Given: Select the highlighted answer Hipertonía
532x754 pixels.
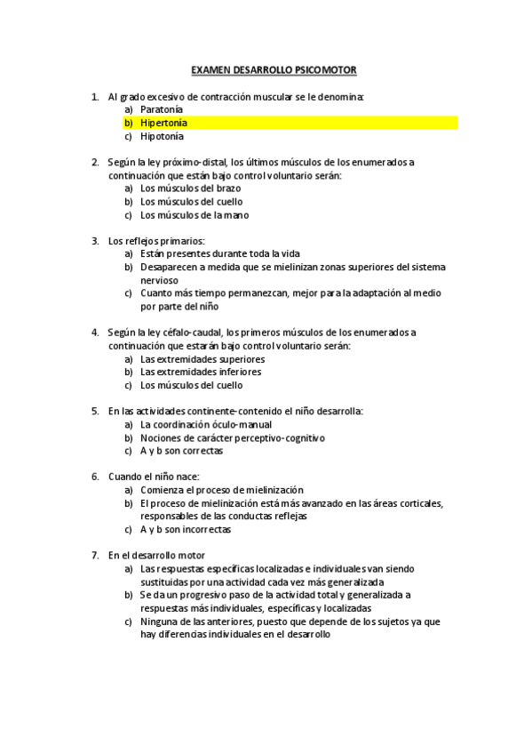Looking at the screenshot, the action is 163,123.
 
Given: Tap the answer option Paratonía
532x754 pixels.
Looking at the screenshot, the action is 162,109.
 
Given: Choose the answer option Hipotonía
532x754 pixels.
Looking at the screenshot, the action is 163,137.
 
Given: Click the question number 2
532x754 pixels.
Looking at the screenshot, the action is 95,162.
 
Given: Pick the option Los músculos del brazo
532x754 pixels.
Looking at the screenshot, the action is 190,188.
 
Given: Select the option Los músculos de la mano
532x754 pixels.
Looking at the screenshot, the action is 195,215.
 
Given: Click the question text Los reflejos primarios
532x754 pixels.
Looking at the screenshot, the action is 156,240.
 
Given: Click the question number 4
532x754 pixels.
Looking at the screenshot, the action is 95,333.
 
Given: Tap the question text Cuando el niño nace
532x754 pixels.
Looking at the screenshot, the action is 154,477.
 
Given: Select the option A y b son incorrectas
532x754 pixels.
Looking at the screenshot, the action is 186,530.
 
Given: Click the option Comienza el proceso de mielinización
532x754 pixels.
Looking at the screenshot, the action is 222,490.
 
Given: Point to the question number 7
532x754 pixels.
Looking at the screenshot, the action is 95,555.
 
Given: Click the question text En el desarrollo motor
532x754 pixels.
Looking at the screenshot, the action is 156,555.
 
